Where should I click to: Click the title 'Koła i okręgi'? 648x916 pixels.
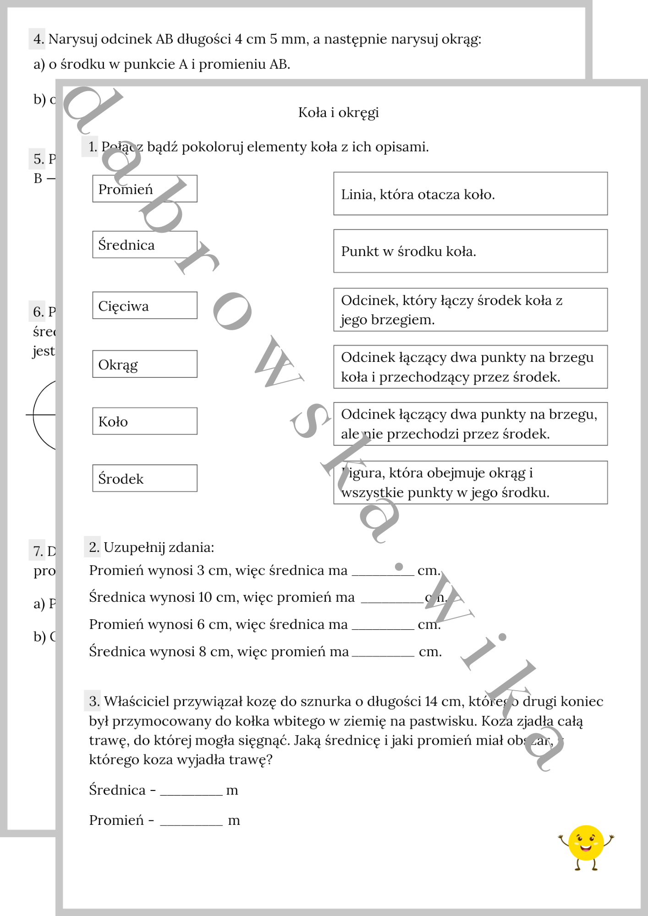click(x=338, y=112)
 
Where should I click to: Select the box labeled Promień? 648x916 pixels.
click(x=145, y=189)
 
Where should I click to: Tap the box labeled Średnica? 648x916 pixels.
click(x=145, y=245)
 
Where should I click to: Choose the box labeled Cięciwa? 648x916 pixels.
click(x=145, y=305)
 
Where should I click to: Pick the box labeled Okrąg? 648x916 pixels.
click(x=145, y=364)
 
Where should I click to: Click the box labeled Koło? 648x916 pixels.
click(x=145, y=421)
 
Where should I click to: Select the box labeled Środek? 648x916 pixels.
click(x=145, y=478)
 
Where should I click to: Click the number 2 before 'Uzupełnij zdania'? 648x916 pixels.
click(x=93, y=547)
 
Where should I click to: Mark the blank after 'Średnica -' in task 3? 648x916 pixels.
click(x=191, y=791)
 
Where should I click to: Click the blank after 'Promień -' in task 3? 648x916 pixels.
click(x=191, y=822)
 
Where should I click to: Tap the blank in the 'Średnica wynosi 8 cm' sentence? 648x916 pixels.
click(x=383, y=653)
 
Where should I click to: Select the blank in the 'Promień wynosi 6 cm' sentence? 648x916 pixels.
click(x=383, y=626)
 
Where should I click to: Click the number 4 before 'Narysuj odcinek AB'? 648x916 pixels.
click(x=38, y=39)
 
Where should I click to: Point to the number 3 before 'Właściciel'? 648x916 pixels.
click(x=93, y=701)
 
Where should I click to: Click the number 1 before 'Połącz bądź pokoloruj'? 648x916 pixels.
click(x=92, y=147)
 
